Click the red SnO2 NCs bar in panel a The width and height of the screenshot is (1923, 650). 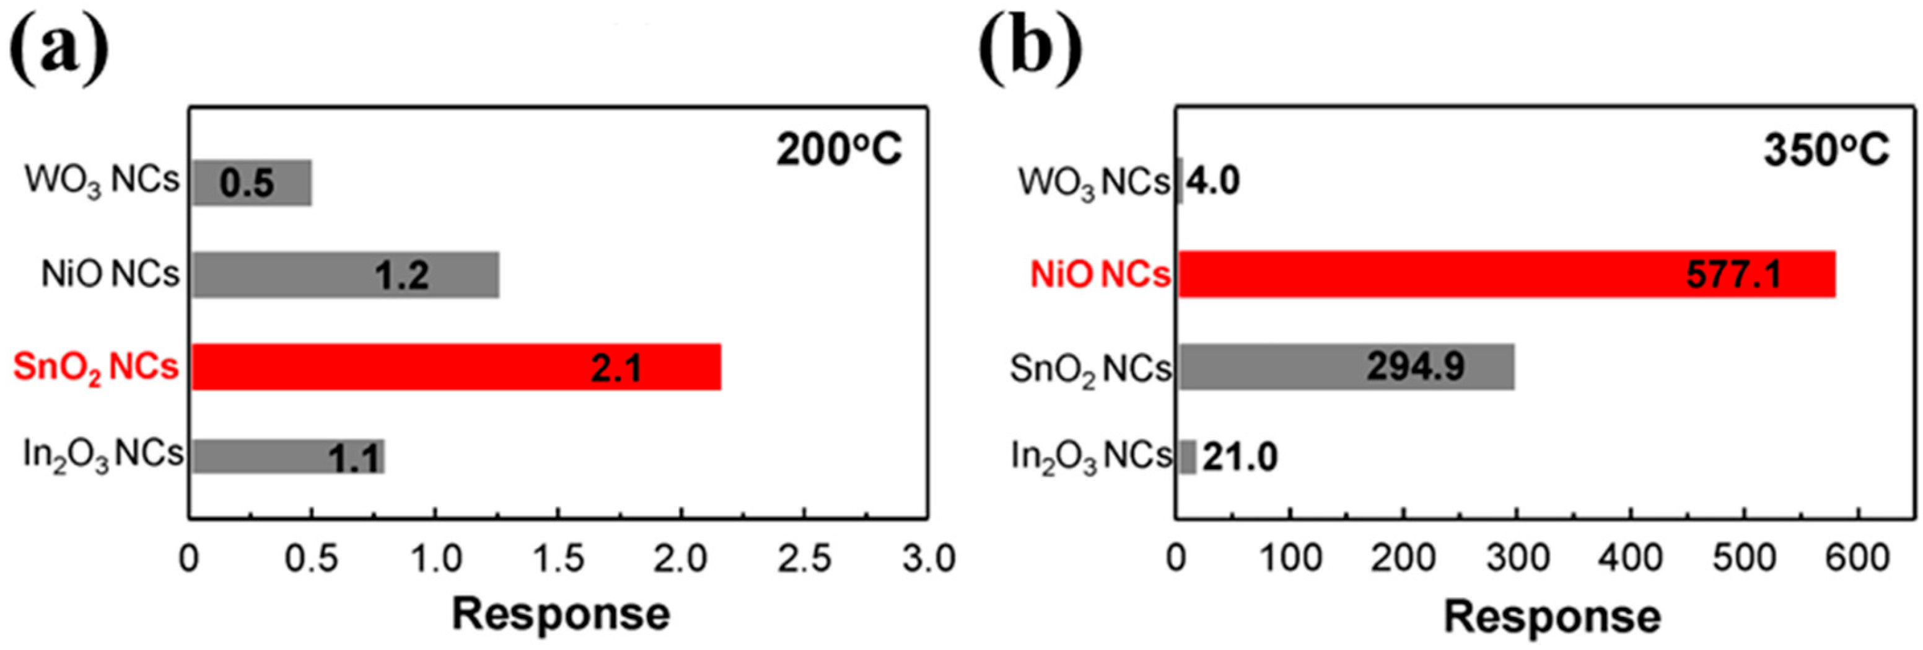pyautogui.click(x=455, y=367)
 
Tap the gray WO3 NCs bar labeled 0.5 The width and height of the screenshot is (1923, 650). pyautogui.click(x=252, y=182)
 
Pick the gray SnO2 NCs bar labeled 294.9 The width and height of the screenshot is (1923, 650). pyautogui.click(x=1346, y=367)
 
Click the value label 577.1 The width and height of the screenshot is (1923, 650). pyautogui.click(x=1733, y=275)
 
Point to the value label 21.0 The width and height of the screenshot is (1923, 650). pyautogui.click(x=1240, y=457)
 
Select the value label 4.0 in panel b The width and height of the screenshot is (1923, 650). pyautogui.click(x=1213, y=182)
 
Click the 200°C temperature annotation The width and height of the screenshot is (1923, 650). pyautogui.click(x=838, y=150)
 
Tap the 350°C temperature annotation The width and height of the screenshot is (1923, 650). pyautogui.click(x=1826, y=150)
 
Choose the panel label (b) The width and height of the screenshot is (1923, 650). pyautogui.click(x=1030, y=50)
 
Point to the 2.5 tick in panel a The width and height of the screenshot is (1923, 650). pyautogui.click(x=804, y=559)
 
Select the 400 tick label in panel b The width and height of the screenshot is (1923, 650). pyautogui.click(x=1631, y=559)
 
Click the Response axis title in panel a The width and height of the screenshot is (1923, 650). pyautogui.click(x=561, y=614)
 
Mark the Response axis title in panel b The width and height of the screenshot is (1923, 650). pyautogui.click(x=1552, y=617)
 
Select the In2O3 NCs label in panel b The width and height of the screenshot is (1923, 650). pyautogui.click(x=1090, y=456)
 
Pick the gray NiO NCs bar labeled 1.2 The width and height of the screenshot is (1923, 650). pyautogui.click(x=345, y=275)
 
